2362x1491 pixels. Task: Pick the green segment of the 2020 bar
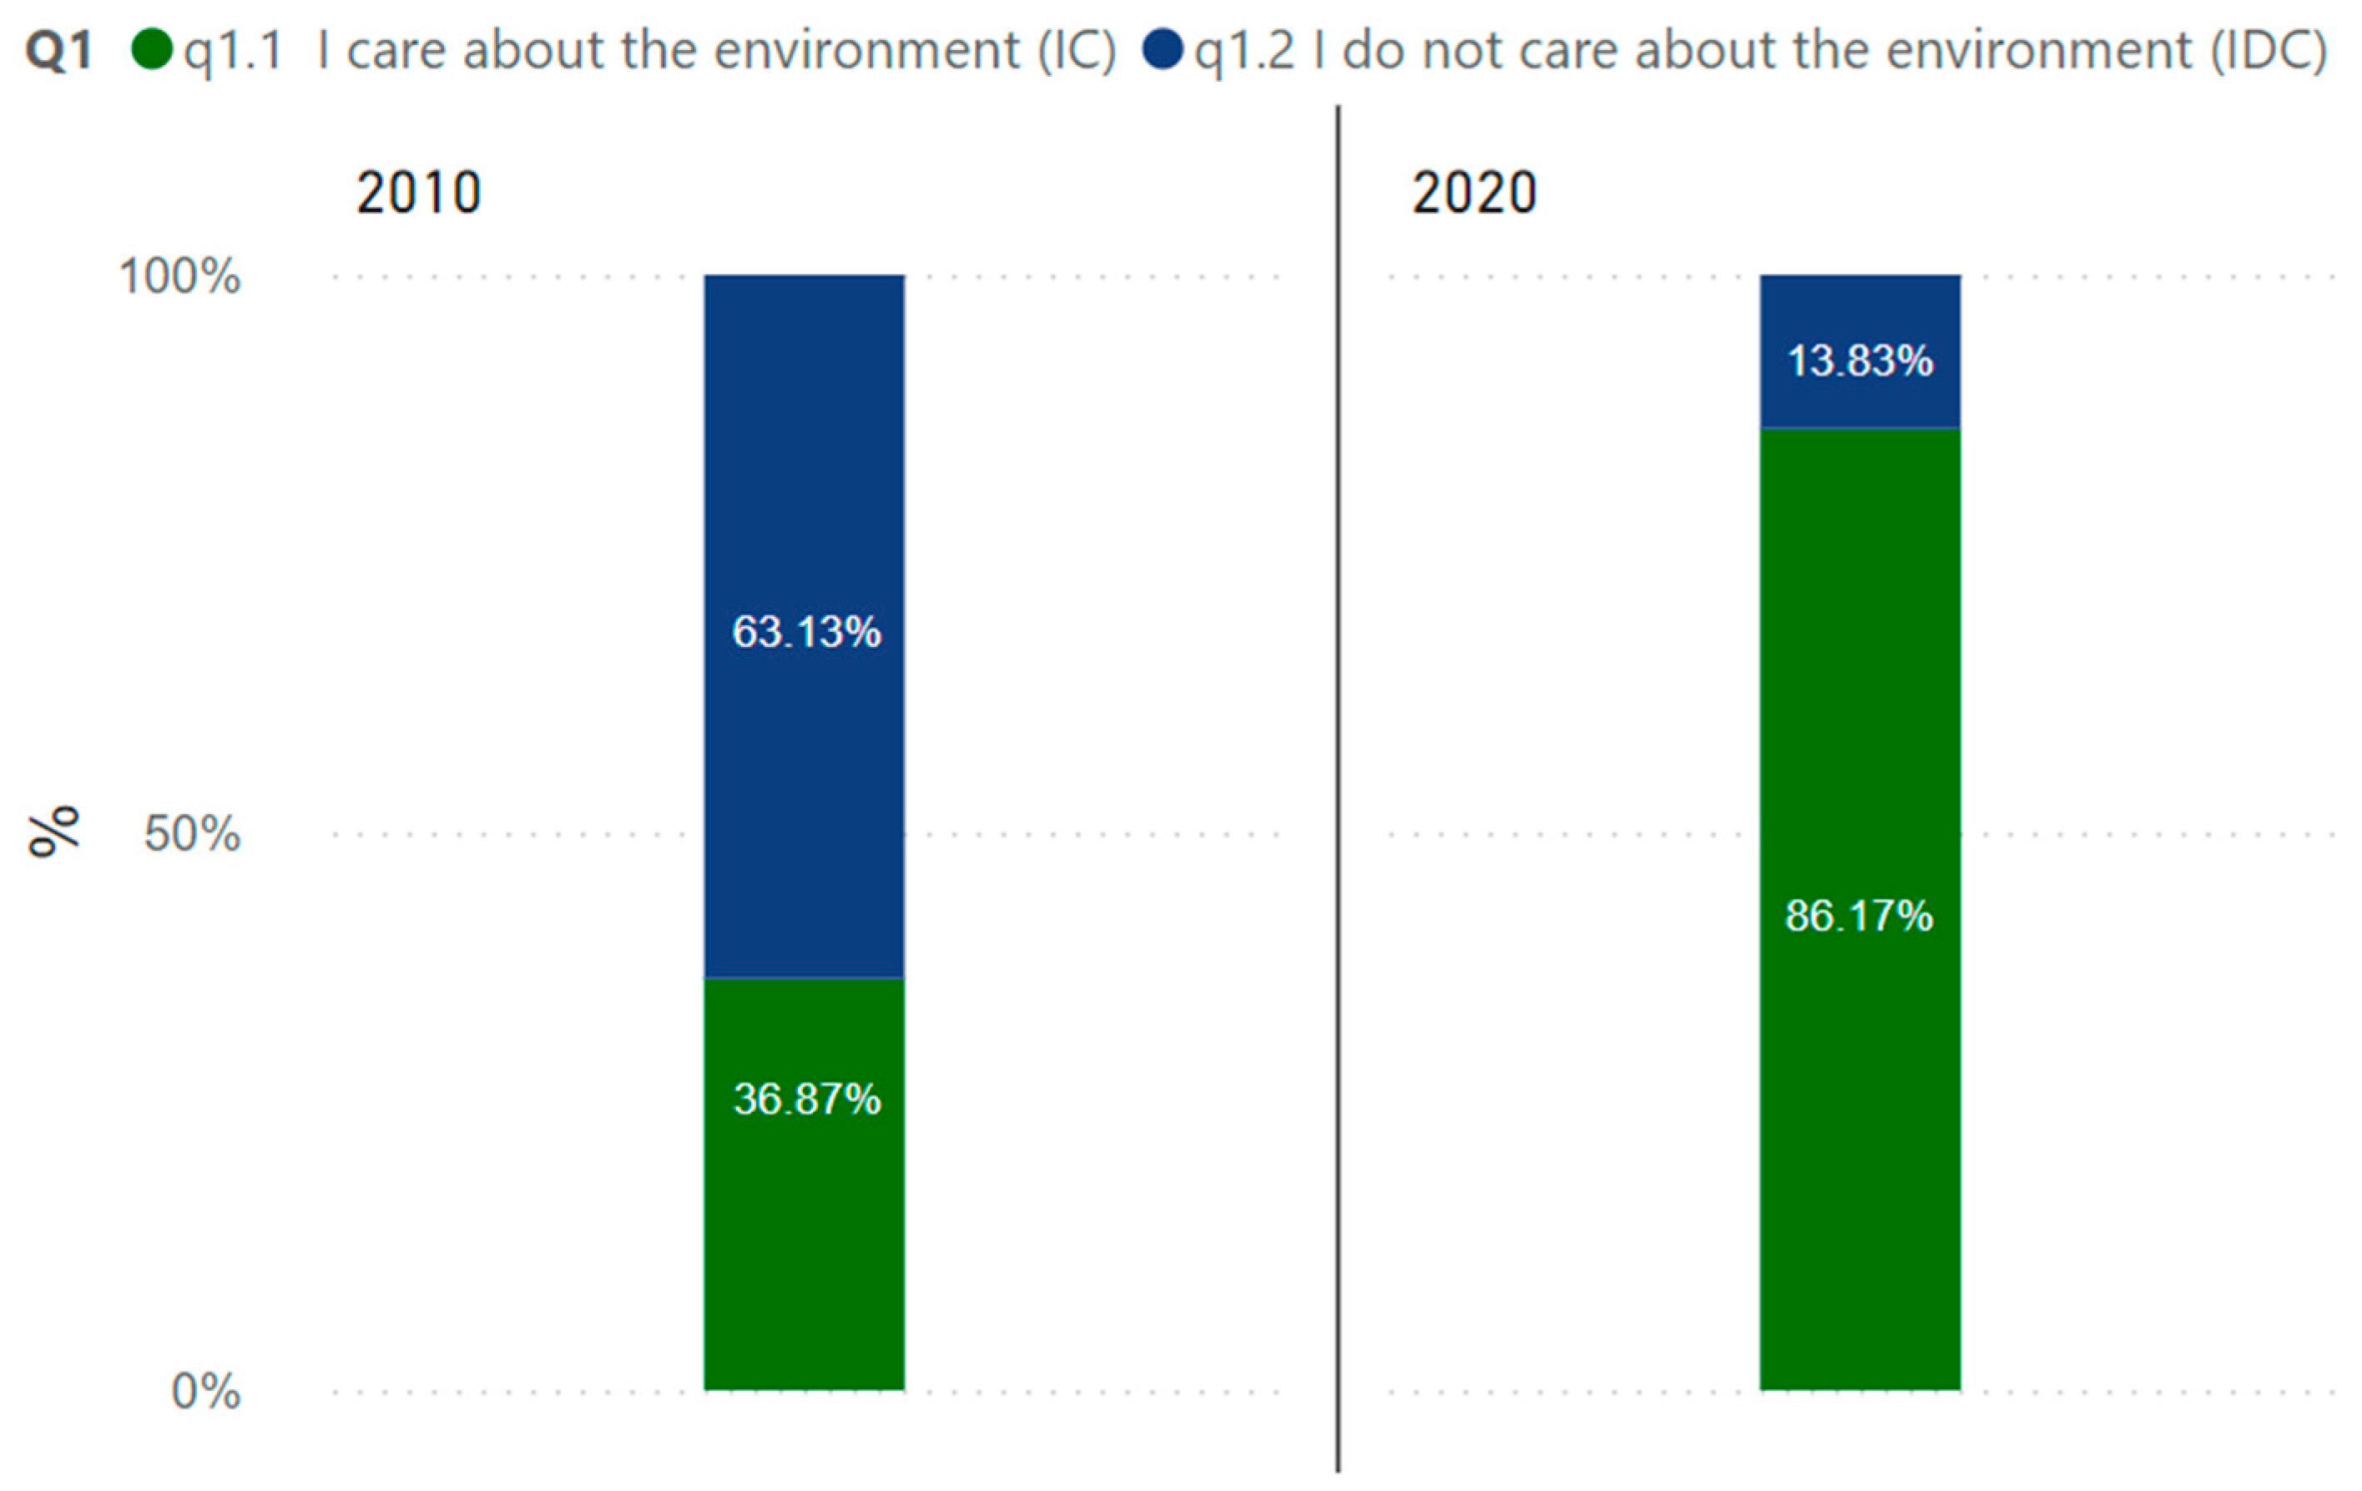click(x=1860, y=1128)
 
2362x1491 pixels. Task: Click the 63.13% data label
click(x=806, y=632)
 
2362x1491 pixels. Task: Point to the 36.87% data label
click(x=806, y=1099)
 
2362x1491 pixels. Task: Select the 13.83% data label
click(x=1860, y=361)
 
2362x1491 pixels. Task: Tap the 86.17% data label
click(x=1859, y=916)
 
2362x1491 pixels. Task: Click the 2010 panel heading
click(x=419, y=192)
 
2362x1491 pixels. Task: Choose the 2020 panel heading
click(x=1474, y=192)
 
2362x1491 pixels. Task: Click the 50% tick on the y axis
click(x=192, y=834)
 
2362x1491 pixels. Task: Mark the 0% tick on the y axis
click(x=206, y=1391)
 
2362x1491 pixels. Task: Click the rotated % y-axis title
click(x=54, y=831)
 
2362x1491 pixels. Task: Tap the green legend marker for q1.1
click(x=152, y=49)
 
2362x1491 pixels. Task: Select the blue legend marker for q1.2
click(x=1163, y=49)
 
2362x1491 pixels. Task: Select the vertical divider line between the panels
click(x=1338, y=785)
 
